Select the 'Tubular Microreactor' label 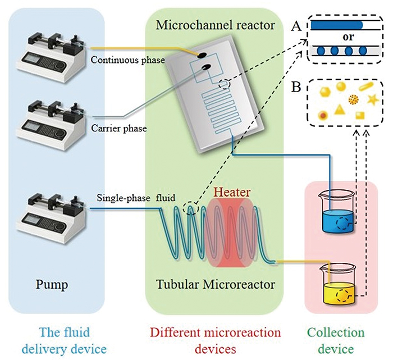(x=216, y=285)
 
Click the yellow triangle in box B (x=339, y=110)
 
